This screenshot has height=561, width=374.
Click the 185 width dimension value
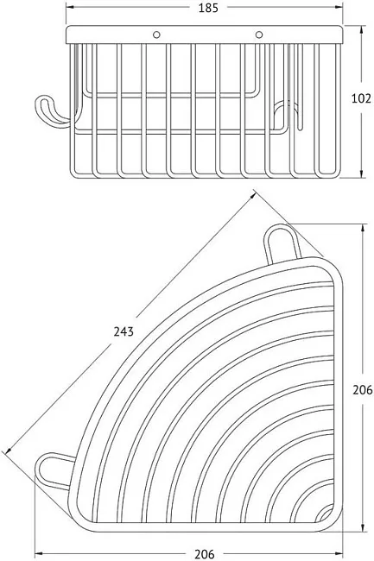pos(208,8)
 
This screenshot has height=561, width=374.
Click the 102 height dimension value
pos(361,98)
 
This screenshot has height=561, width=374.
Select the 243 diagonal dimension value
pos(124,331)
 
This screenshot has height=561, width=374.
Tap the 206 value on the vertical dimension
pos(363,389)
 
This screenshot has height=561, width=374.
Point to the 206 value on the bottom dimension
pos(205,554)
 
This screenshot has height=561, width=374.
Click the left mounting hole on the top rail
pos(156,35)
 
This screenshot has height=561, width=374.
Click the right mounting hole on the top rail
pos(259,35)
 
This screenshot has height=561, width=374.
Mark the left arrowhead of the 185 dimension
pos(70,7)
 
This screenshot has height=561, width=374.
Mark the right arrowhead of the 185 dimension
pos(339,7)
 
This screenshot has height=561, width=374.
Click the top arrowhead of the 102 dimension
pos(363,29)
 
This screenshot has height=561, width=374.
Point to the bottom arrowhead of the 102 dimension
pos(363,173)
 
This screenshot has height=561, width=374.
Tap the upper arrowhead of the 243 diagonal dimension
pos(253,195)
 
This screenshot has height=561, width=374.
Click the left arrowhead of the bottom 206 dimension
pos(39,553)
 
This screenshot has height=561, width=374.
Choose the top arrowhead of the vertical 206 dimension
pos(364,228)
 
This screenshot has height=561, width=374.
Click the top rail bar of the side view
pos(205,35)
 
